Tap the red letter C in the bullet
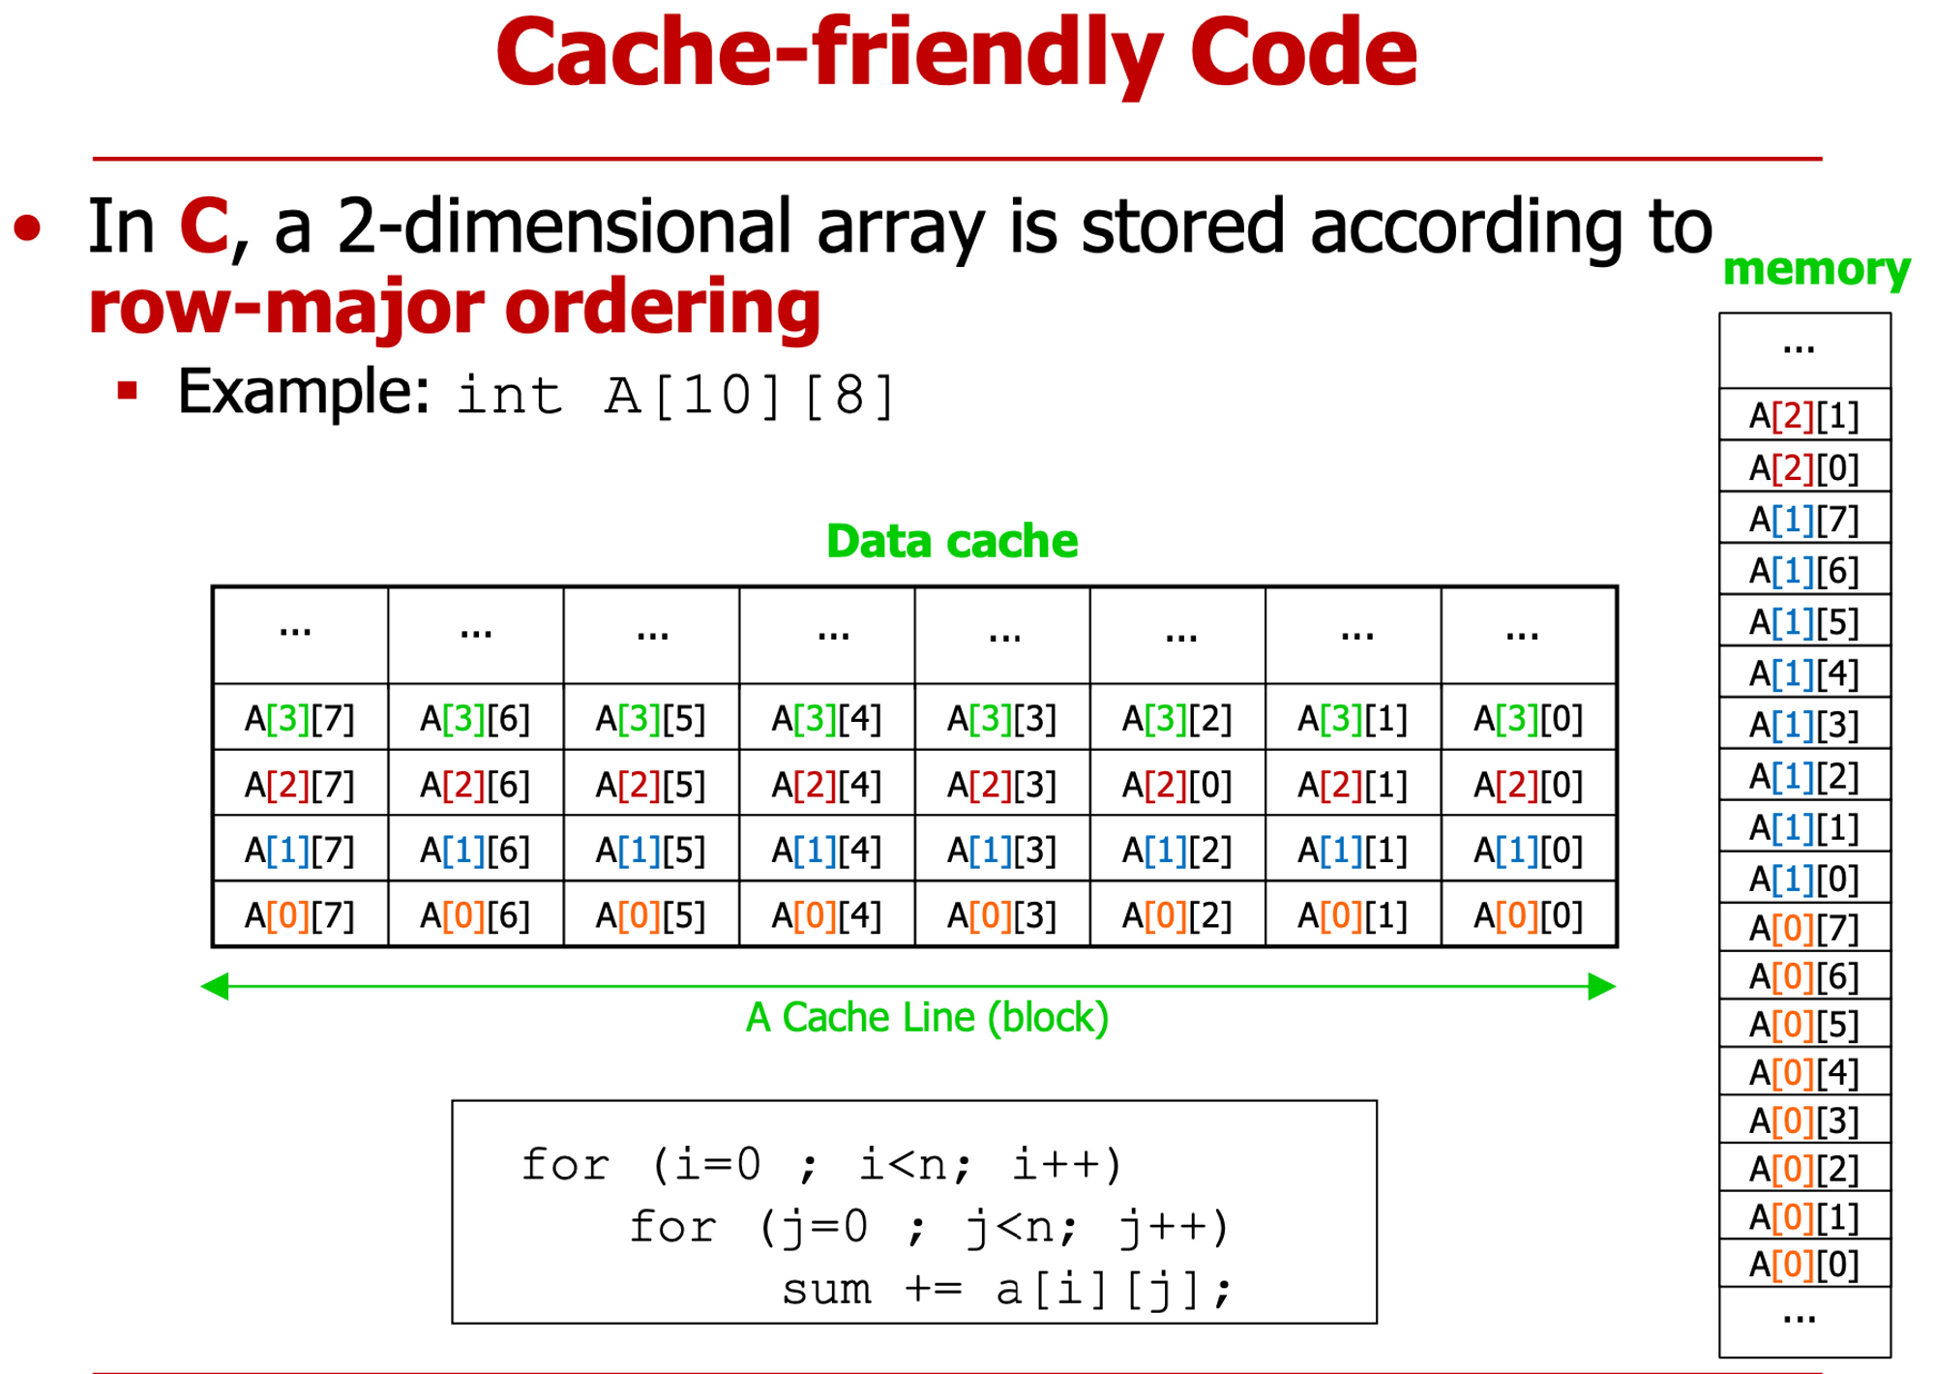pyautogui.click(x=203, y=226)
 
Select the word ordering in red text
pyautogui.click(x=663, y=307)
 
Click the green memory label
pyautogui.click(x=1816, y=269)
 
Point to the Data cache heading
pyautogui.click(x=952, y=541)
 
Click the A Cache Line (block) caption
pyautogui.click(x=927, y=1018)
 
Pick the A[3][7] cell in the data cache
pyautogui.click(x=300, y=719)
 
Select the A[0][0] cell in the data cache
pyautogui.click(x=1528, y=915)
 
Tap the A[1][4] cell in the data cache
pyautogui.click(x=826, y=851)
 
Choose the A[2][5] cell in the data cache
pyautogui.click(x=650, y=785)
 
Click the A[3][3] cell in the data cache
pyautogui.click(x=1001, y=719)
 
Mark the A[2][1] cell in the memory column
pyautogui.click(x=1804, y=416)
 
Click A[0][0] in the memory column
pyautogui.click(x=1804, y=1264)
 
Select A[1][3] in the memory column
pyautogui.click(x=1804, y=724)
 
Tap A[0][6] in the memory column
pyautogui.click(x=1804, y=976)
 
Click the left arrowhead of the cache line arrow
pyautogui.click(x=215, y=986)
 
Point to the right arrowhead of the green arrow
pyautogui.click(x=1602, y=986)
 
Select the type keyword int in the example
pyautogui.click(x=509, y=395)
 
